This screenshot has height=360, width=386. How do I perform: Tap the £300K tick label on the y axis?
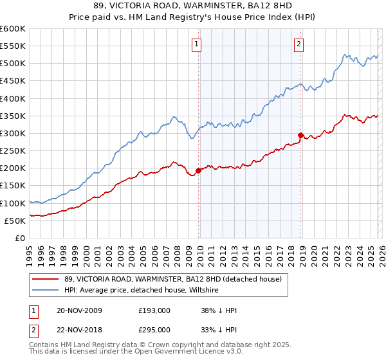pyautogui.click(x=13, y=134)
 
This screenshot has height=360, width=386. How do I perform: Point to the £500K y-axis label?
pyautogui.click(x=13, y=64)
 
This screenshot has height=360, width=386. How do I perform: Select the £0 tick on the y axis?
pyautogui.click(x=19, y=239)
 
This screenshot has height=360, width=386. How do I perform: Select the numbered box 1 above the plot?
pyautogui.click(x=196, y=44)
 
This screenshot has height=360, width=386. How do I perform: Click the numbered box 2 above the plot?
pyautogui.click(x=299, y=44)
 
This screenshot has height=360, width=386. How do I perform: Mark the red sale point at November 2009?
pyautogui.click(x=198, y=171)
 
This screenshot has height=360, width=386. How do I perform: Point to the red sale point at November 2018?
pyautogui.click(x=300, y=135)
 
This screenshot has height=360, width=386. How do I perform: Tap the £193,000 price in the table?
pyautogui.click(x=154, y=310)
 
